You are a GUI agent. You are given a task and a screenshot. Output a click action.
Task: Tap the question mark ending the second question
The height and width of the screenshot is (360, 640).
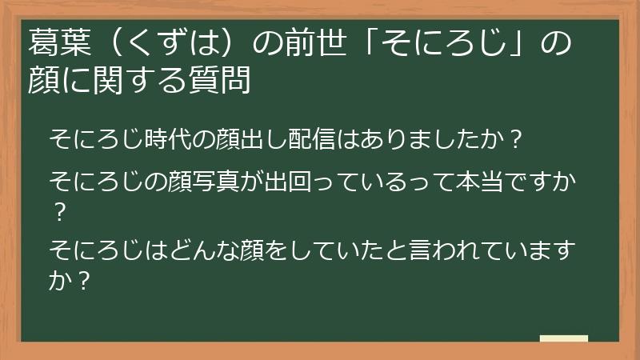pyautogui.click(x=57, y=213)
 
